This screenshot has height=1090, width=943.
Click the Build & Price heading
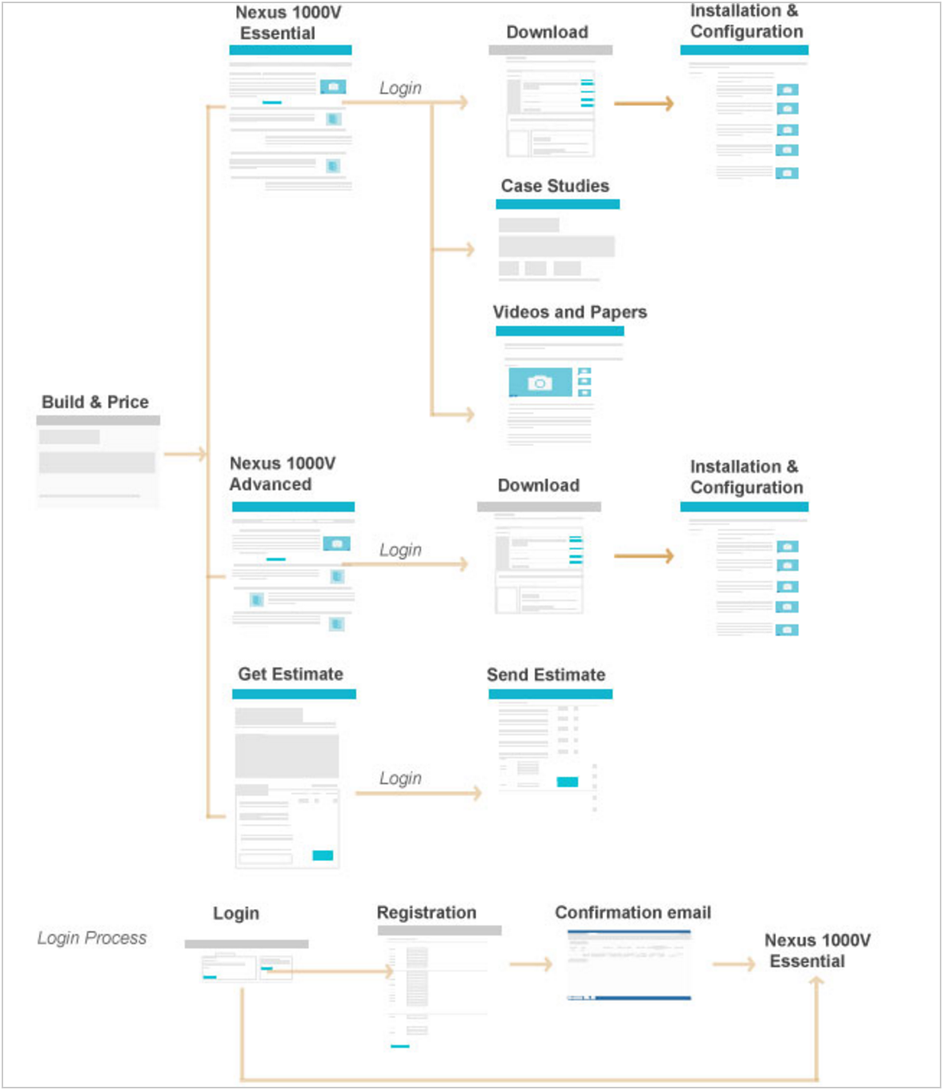click(95, 402)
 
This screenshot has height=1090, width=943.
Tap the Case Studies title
click(555, 186)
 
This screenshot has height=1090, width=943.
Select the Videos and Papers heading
click(570, 312)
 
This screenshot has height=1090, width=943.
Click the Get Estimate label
click(291, 674)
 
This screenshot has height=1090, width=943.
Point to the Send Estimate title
click(546, 675)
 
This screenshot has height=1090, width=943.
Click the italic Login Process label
click(92, 938)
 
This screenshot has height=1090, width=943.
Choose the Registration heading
click(427, 913)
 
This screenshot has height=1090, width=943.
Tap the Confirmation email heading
click(633, 913)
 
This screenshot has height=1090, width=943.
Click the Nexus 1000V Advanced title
click(282, 474)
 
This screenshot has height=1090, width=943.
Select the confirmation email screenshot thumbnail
click(628, 965)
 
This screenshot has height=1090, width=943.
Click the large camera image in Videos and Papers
click(540, 383)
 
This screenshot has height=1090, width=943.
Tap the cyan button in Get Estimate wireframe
click(323, 856)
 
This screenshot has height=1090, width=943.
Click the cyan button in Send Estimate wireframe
click(568, 782)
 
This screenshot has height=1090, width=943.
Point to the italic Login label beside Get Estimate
click(400, 779)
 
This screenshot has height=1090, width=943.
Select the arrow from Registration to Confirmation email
click(531, 964)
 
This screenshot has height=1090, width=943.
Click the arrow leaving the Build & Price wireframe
click(185, 454)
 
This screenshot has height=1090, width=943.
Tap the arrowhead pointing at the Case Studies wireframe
click(468, 250)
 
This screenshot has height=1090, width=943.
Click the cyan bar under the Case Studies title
click(557, 204)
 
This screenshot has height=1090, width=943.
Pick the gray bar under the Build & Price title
click(98, 420)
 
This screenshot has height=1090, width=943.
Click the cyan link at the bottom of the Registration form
click(400, 1046)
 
